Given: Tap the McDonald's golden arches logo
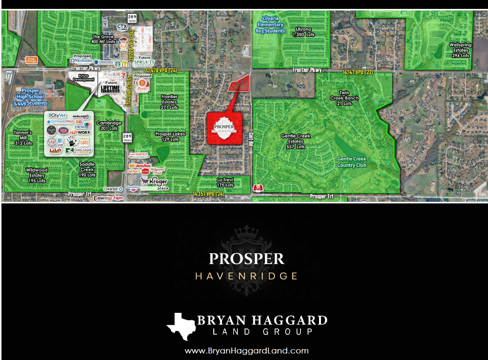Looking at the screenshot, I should tap(125, 64).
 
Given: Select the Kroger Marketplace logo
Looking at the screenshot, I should tap(155, 183).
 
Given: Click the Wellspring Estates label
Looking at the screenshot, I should tap(460, 50).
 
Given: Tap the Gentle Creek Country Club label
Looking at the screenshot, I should tap(351, 162).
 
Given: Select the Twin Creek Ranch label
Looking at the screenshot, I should tap(344, 98).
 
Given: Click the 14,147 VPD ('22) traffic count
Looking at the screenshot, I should tap(358, 72).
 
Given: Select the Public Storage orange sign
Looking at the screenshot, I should tap(32, 60).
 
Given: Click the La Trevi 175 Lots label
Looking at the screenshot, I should tap(225, 183).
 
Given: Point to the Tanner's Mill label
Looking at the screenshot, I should tap(23, 138).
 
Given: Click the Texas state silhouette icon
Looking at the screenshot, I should tap(179, 326).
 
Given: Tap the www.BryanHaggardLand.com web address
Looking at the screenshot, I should tap(246, 351).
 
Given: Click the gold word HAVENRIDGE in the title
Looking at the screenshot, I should tap(246, 276).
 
